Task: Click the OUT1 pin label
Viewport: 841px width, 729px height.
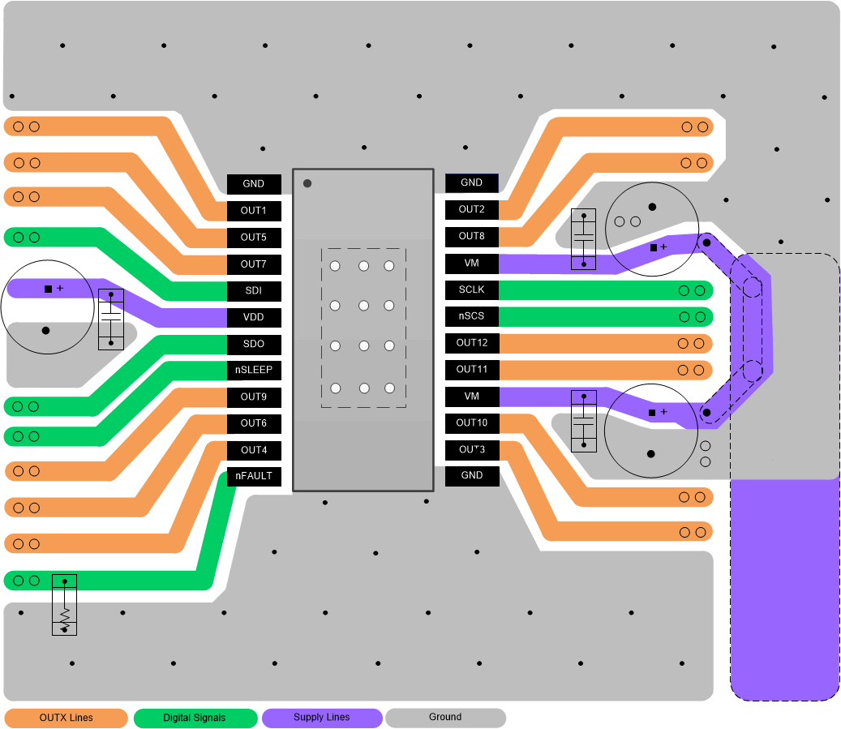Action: [x=254, y=211]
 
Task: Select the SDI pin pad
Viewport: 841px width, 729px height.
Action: [x=254, y=290]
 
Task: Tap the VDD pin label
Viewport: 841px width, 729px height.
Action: [x=254, y=317]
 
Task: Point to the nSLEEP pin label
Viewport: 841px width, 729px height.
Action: [x=254, y=371]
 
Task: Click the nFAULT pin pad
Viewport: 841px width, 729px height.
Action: [x=254, y=477]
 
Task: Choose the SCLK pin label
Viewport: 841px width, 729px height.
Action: [x=471, y=289]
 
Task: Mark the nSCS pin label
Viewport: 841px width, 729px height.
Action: [x=471, y=316]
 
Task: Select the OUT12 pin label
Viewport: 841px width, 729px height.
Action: [x=471, y=343]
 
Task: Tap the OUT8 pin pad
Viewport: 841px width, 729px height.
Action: [x=471, y=236]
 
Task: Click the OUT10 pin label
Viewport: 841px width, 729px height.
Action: [x=471, y=422]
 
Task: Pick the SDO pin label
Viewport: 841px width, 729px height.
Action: [x=254, y=344]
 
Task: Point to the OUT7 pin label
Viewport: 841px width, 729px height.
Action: [x=254, y=264]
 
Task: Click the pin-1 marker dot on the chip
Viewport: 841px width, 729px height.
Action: [x=307, y=183]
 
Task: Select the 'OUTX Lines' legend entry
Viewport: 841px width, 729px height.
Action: [x=67, y=718]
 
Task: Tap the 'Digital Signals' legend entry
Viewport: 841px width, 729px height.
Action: [x=195, y=718]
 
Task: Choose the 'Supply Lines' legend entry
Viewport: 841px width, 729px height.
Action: [x=322, y=718]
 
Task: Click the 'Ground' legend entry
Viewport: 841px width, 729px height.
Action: [x=445, y=718]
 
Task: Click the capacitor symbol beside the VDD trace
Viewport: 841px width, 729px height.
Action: [x=111, y=319]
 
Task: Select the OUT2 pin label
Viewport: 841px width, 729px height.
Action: [x=471, y=209]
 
